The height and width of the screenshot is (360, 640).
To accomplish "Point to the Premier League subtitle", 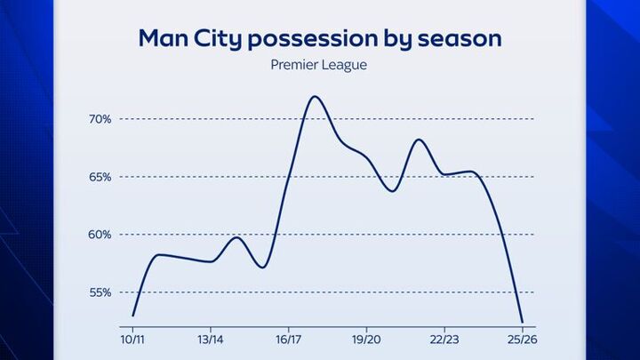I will pyautogui.click(x=320, y=64).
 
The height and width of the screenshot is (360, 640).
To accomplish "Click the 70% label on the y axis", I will pyautogui.click(x=100, y=119).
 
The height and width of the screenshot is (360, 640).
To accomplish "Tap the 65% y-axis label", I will pyautogui.click(x=100, y=177).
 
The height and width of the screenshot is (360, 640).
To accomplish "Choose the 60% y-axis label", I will pyautogui.click(x=100, y=235).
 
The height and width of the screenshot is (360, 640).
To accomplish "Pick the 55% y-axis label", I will pyautogui.click(x=100, y=292).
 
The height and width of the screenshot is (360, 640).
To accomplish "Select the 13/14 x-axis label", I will pyautogui.click(x=210, y=339).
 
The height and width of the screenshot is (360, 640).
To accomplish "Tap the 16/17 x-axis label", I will pyautogui.click(x=288, y=339).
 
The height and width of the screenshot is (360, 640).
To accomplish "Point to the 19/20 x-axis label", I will pyautogui.click(x=366, y=339).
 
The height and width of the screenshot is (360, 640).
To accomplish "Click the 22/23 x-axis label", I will pyautogui.click(x=444, y=339).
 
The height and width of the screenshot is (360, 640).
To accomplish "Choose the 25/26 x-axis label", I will pyautogui.click(x=522, y=339).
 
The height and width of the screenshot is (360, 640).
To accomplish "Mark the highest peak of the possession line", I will pyautogui.click(x=314, y=97).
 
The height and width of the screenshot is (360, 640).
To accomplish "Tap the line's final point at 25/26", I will pyautogui.click(x=523, y=322).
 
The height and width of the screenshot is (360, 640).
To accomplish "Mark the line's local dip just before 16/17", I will pyautogui.click(x=262, y=267).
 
